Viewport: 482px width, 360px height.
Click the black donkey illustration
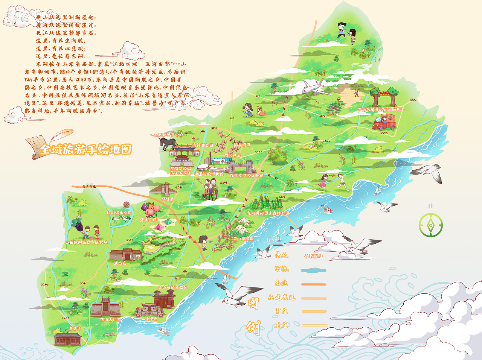[x=168, y=143]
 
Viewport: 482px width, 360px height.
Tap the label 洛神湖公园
[x=203, y=145]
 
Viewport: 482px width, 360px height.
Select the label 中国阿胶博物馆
[x=209, y=174]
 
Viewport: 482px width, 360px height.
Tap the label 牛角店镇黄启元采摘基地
[x=381, y=109]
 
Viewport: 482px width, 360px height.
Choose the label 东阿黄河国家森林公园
[x=268, y=213]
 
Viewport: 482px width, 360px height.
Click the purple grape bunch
[x=78, y=225]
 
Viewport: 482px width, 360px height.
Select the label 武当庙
[x=120, y=263]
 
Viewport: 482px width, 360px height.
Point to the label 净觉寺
[x=75, y=328]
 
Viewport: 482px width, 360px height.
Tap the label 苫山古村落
[x=111, y=320]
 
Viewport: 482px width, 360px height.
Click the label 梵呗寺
[x=151, y=319]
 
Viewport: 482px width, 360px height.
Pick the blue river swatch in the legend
[x=313, y=270]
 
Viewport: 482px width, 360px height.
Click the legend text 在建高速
[x=282, y=297]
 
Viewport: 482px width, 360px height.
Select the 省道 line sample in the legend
[x=314, y=325]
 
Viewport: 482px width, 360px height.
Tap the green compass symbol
[x=430, y=225]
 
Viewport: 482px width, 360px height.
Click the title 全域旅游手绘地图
[x=85, y=150]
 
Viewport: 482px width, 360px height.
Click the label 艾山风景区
[x=243, y=238]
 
